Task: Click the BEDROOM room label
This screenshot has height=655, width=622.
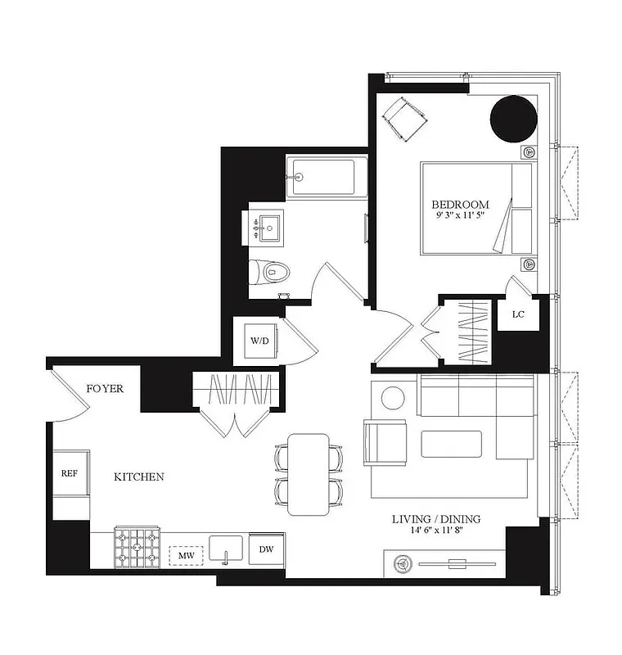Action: (460, 204)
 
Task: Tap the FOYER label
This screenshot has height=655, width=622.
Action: (105, 388)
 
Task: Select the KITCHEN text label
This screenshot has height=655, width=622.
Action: (138, 477)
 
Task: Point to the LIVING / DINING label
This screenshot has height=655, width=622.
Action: (435, 518)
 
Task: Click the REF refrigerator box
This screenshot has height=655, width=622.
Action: (69, 473)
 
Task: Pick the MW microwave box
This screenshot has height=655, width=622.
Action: (184, 556)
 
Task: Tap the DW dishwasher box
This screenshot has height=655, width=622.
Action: (266, 549)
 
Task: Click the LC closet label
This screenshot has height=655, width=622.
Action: (517, 314)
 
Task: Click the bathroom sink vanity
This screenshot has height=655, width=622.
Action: (267, 226)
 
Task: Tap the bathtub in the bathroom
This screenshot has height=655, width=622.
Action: (320, 176)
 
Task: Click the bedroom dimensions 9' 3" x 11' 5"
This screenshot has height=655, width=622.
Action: (460, 216)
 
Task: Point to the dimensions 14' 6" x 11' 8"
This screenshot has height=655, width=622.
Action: (435, 531)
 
